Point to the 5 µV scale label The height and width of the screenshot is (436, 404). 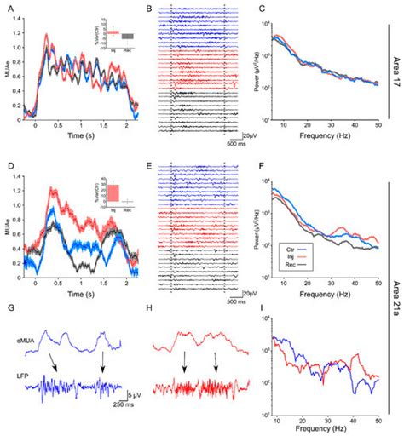(122, 395)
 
